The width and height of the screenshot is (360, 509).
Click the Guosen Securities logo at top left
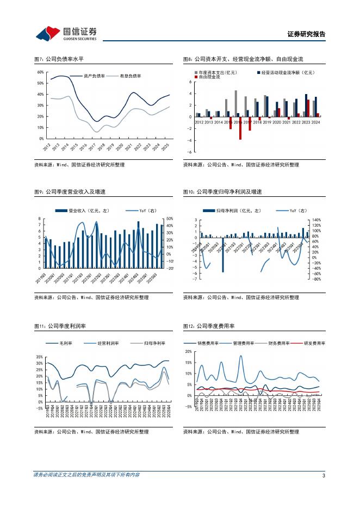tap(66, 33)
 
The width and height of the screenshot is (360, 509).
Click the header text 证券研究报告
tap(306, 34)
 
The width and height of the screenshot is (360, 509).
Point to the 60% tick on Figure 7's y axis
tap(40, 72)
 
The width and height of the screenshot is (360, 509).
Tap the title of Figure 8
tap(243, 59)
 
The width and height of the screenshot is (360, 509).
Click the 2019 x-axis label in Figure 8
tap(267, 122)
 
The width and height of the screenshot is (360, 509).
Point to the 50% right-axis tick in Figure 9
tap(169, 219)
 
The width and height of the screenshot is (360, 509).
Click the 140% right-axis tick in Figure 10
tap(317, 220)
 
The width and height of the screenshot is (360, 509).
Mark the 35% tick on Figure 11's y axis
tap(39, 357)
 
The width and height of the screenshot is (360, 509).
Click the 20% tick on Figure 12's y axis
tap(188, 352)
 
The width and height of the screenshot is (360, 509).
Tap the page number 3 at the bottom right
tap(324, 476)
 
